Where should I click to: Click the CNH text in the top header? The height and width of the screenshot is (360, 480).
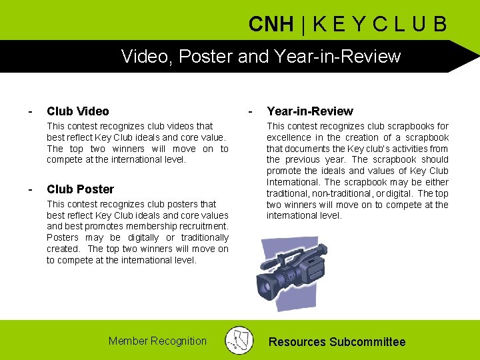[271, 25]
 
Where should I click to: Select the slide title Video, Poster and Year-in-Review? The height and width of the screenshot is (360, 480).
[261, 56]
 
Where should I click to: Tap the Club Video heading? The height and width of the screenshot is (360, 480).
[78, 111]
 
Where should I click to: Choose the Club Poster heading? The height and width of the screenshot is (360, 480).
[80, 189]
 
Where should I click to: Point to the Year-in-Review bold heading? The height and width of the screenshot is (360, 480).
[310, 111]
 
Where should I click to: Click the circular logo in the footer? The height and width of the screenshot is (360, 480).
[239, 340]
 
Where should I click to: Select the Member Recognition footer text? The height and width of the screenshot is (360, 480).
[157, 341]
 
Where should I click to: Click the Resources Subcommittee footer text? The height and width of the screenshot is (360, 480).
[337, 342]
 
